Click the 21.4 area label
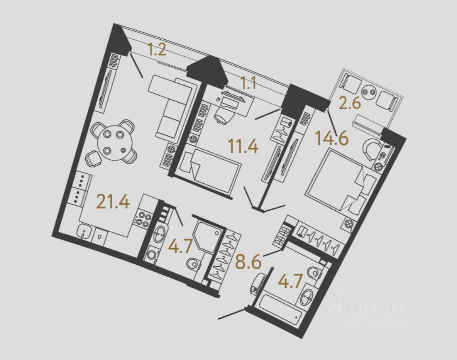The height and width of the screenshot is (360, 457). point(113,203)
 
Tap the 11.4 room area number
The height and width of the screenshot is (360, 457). point(243,146)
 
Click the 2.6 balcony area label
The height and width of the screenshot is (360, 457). point(349,104)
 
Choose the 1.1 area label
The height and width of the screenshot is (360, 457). point(248,83)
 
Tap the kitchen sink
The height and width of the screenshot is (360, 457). point(84,232)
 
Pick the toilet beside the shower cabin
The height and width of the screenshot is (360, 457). point(194,264)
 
